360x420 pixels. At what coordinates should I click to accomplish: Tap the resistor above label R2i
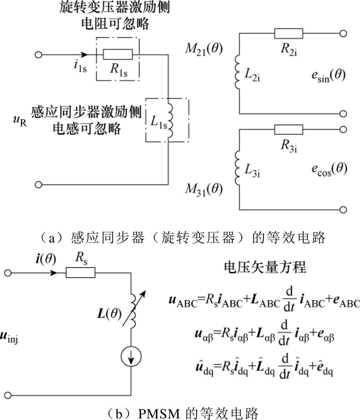[x=288, y=33]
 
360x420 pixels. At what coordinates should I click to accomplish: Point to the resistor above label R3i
[x=288, y=130]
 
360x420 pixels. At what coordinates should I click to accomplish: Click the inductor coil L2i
[x=236, y=75]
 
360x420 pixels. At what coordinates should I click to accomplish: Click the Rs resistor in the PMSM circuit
[x=80, y=273]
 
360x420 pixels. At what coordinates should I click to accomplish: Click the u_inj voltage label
[x=13, y=336]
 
